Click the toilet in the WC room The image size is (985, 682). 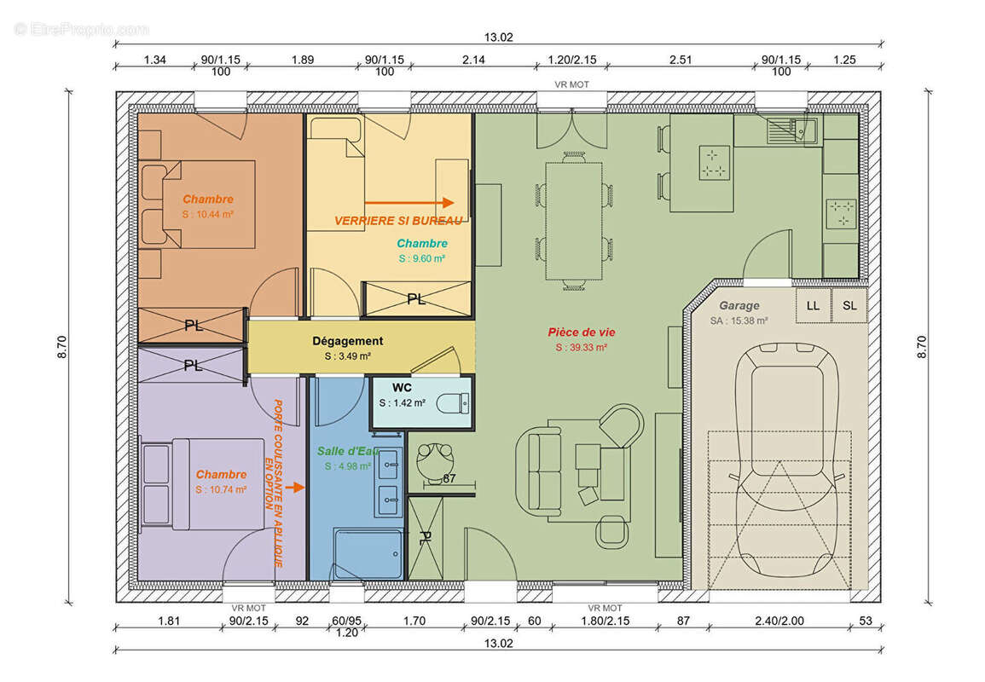[x=452, y=403]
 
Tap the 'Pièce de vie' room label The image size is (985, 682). [x=581, y=332]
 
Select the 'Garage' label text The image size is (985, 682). [x=739, y=306]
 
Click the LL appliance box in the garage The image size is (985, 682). [x=813, y=305]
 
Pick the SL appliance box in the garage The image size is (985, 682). [x=849, y=305]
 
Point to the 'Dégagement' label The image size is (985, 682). [x=347, y=341]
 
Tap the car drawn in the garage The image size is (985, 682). [x=787, y=459]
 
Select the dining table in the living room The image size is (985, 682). [x=574, y=221]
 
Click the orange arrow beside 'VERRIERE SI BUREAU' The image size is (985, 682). [x=409, y=203]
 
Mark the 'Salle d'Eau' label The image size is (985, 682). [x=348, y=451]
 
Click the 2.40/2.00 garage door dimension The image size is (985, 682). [x=779, y=621]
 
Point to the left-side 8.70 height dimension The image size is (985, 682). [x=61, y=347]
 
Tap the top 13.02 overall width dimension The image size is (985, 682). [x=498, y=37]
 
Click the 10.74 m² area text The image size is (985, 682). [x=221, y=490]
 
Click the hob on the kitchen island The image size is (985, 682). [x=715, y=163]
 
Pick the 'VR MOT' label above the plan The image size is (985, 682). [x=571, y=84]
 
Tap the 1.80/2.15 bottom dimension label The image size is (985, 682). [x=605, y=621]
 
